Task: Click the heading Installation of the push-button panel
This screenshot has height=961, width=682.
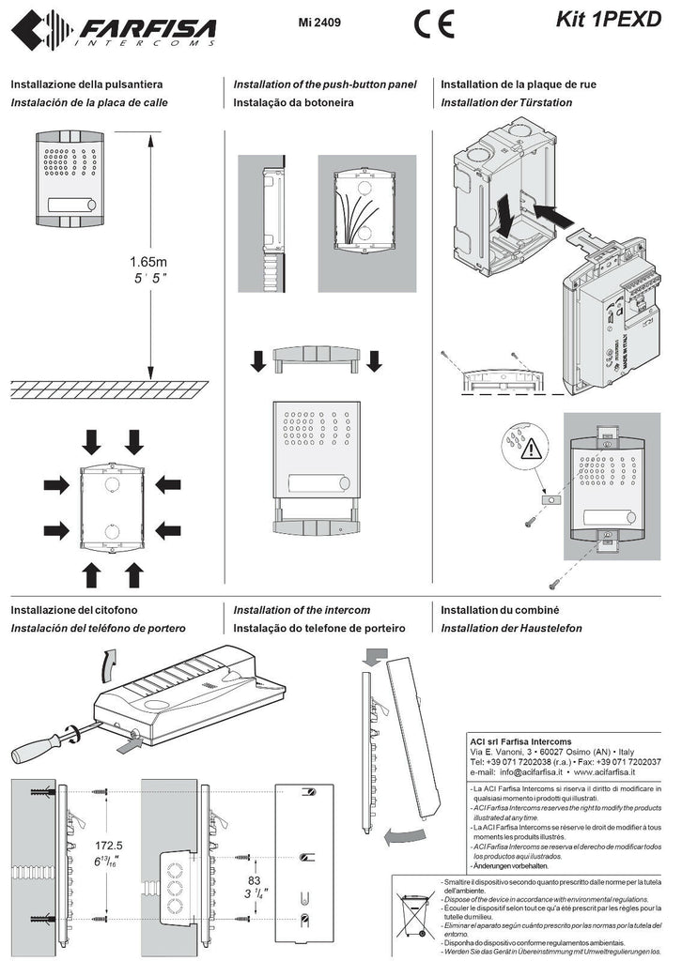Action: point(324,84)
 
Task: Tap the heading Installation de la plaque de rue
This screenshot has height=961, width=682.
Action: point(519,84)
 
